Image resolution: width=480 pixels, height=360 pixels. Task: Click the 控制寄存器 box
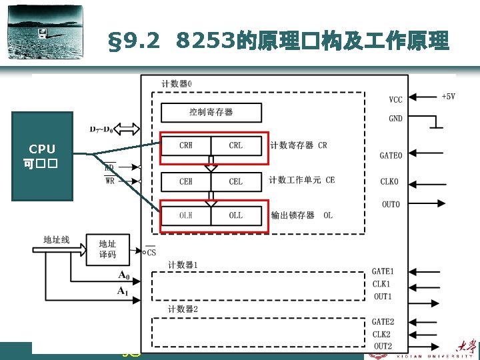pos(211,112)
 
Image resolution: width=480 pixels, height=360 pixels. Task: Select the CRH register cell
pos(186,145)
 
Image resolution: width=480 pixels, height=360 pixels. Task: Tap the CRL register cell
pos(236,145)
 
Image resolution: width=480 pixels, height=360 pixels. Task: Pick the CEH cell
pos(186,181)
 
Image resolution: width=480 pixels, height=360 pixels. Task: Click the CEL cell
pos(236,181)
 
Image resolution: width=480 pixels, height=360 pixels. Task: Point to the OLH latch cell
pos(186,215)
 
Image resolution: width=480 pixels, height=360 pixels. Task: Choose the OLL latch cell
pos(236,215)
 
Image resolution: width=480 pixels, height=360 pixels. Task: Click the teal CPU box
pos(42,156)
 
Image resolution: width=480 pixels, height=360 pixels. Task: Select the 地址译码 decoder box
pos(107,250)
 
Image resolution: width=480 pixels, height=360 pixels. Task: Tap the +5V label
pos(448,96)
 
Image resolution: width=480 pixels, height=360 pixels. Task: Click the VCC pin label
pos(396,100)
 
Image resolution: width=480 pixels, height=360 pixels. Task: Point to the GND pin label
pos(396,119)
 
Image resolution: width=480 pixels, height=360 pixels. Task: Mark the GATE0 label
pos(391,155)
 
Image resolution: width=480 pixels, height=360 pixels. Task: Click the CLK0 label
pos(390,181)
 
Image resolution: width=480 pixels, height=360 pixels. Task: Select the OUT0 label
pos(391,205)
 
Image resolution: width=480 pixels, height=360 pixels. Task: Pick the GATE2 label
pos(383,322)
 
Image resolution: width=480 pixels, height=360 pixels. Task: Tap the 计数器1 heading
pos(183,265)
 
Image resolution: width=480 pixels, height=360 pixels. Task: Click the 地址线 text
pos(56,239)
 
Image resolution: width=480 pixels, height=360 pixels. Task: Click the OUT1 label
pos(383,297)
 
